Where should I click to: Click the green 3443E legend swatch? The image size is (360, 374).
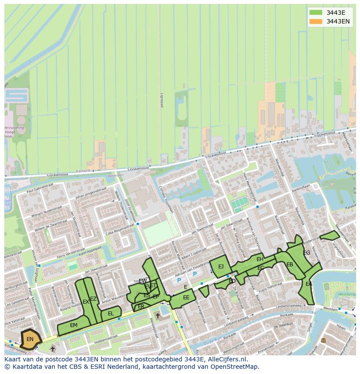pyautogui.click(x=316, y=13)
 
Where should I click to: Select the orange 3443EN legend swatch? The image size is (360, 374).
pyautogui.click(x=316, y=21)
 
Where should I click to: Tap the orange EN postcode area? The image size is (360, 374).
pyautogui.click(x=30, y=339)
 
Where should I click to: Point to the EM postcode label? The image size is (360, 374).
pyautogui.click(x=73, y=325)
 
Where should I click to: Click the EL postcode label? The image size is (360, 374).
pyautogui.click(x=111, y=314)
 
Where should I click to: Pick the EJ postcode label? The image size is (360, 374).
pyautogui.click(x=221, y=267)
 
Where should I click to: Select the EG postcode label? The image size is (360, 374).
pyautogui.click(x=307, y=253)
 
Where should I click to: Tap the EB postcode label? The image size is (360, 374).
pyautogui.click(x=290, y=265)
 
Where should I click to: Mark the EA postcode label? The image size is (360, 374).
pyautogui.click(x=309, y=284)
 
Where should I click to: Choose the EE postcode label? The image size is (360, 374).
pyautogui.click(x=186, y=298)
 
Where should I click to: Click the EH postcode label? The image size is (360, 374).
pyautogui.click(x=260, y=259)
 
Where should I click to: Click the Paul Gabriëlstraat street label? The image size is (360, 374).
pyautogui.click(x=42, y=190)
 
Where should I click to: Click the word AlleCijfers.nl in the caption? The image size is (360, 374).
pyautogui.click(x=227, y=360)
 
